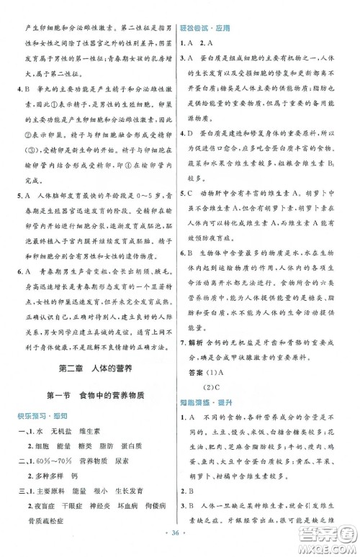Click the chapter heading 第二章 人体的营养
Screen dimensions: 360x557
tap(90, 371)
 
